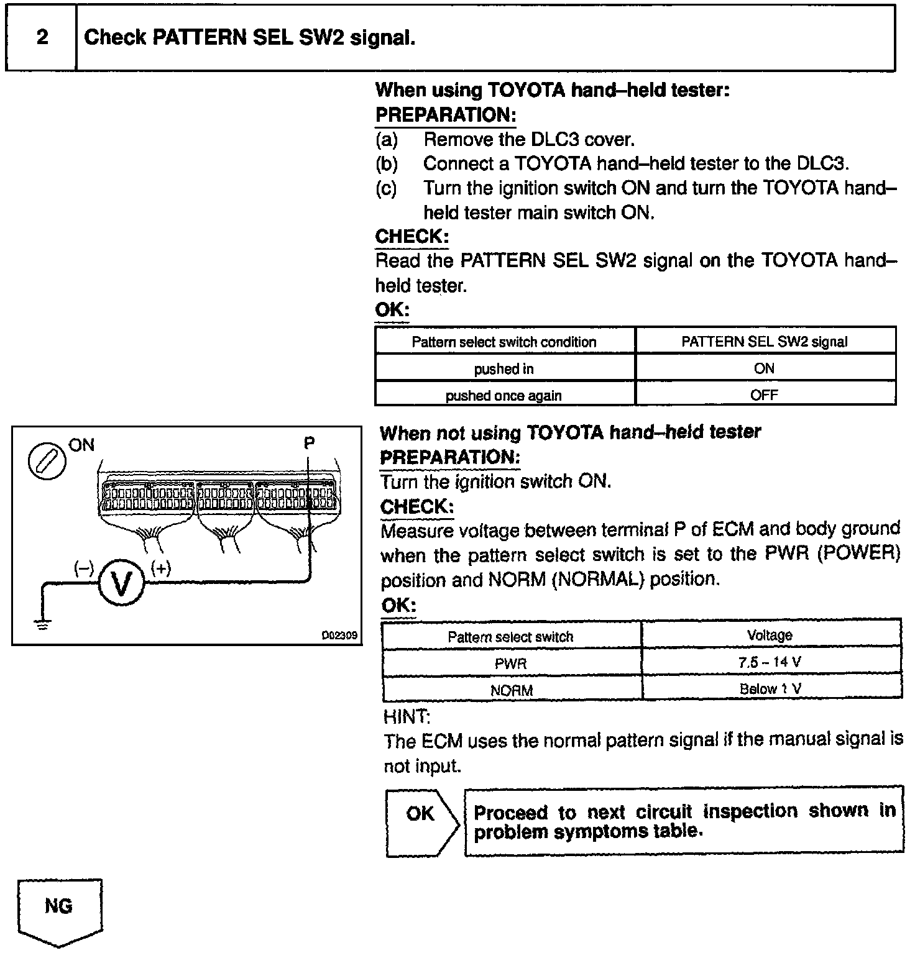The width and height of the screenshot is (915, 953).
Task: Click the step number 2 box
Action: point(42,38)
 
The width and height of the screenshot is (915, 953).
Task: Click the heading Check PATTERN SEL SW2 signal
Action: point(249,38)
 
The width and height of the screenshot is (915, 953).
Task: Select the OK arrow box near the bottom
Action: point(421,821)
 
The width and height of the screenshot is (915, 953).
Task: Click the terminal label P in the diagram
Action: point(309,443)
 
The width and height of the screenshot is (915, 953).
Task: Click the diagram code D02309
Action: point(339,636)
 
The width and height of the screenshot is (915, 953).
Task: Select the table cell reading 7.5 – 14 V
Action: point(770,662)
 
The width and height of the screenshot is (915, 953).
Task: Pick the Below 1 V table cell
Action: point(770,689)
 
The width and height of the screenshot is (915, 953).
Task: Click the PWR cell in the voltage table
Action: point(511,663)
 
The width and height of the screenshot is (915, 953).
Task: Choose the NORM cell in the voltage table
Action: point(511,690)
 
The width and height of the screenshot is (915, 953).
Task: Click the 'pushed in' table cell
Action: point(504,369)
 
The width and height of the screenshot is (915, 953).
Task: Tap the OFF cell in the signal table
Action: point(765,395)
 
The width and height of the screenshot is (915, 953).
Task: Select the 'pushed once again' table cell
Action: point(504,396)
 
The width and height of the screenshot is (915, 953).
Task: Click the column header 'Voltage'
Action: point(770,635)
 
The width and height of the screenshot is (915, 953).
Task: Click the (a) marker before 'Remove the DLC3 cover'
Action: point(387,140)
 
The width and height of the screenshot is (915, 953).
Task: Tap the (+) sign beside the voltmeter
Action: point(160,568)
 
